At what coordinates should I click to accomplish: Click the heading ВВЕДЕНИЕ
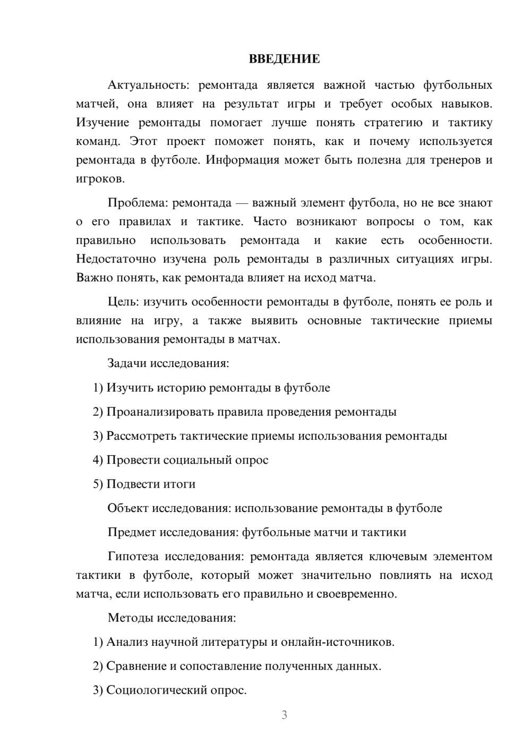pos(284,59)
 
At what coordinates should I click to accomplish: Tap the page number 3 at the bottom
pos(284,715)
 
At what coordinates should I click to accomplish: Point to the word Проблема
pos(138,203)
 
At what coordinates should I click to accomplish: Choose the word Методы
pos(129,618)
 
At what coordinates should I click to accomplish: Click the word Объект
pos(128,508)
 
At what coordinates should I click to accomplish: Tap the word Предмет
pos(132,532)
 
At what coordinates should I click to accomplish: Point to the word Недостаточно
pos(116,259)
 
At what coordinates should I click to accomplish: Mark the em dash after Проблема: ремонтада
pos(242,203)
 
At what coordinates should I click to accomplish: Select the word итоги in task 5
pos(181,484)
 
